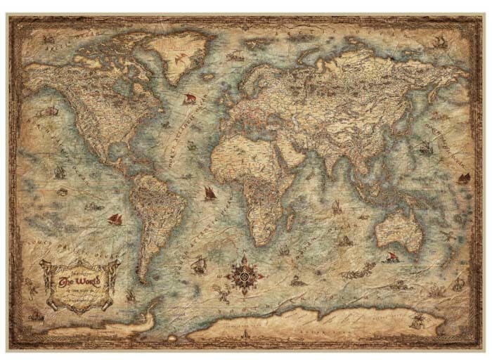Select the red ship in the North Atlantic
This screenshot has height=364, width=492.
point(190,99)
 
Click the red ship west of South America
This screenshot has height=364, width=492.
point(115,219)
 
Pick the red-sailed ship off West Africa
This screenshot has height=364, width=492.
point(209,192)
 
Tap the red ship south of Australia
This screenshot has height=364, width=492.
point(391,257)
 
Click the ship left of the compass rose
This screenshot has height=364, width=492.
point(199,266)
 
